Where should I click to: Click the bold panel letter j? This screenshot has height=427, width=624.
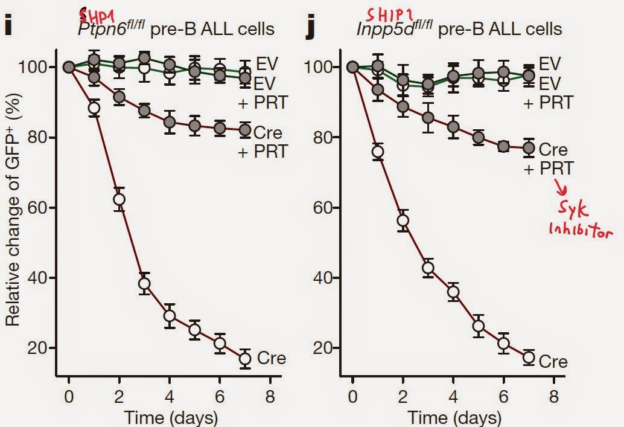coord(310,27)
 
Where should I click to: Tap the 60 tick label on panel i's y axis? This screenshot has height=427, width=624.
coord(42,208)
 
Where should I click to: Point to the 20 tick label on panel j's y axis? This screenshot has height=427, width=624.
coord(326,348)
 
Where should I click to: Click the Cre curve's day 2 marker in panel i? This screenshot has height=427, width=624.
coord(119,199)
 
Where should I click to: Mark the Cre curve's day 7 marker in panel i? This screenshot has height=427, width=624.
coord(245,359)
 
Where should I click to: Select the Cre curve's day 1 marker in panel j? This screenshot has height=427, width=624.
coord(378,152)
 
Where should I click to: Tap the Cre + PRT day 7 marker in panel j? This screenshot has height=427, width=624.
coord(529,148)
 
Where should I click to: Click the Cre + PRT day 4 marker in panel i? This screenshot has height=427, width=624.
coord(170,123)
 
